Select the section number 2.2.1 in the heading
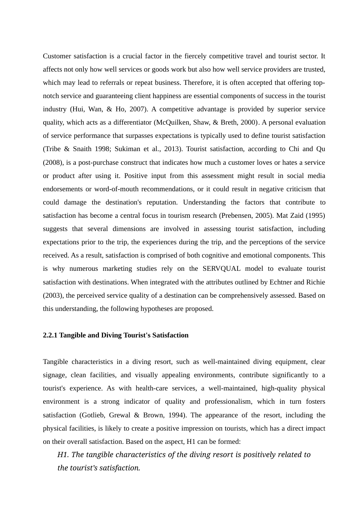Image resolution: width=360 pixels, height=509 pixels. tap(50, 335)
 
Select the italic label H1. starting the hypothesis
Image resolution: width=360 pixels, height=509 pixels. tap(63, 455)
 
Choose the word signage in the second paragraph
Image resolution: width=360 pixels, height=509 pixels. tap(55, 375)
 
